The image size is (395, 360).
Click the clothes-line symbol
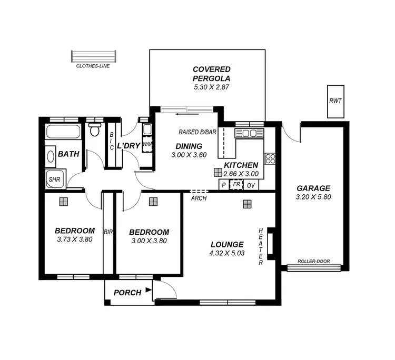tap(93, 56)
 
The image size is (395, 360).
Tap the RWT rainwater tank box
tap(335, 101)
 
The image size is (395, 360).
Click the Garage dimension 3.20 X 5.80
tap(313, 197)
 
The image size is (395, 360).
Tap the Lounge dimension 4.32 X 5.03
tap(227, 254)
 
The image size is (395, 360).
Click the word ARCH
tap(199, 198)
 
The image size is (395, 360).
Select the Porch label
tap(127, 293)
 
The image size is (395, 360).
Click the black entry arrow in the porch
tap(149, 289)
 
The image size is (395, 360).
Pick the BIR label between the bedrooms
tap(109, 232)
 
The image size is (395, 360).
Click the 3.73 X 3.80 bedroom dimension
tap(75, 239)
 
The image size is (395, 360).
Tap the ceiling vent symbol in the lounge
tap(246, 204)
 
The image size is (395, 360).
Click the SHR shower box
tap(54, 179)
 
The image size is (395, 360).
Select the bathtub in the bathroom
tap(63, 132)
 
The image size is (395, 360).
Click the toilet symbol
tap(95, 129)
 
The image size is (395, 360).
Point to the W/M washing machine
tap(147, 145)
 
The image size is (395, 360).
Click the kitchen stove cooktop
tap(270, 158)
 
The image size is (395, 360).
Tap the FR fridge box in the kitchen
tap(236, 185)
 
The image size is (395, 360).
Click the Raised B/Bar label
tap(197, 132)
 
